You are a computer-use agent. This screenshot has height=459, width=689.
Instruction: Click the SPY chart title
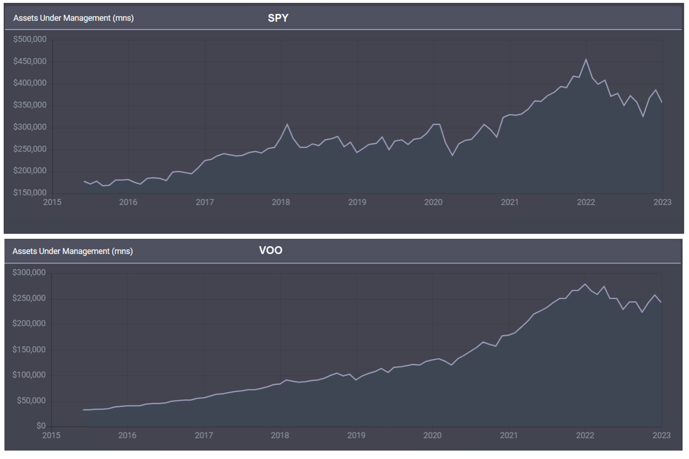pyautogui.click(x=278, y=18)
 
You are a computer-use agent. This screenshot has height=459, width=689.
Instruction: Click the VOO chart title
pyautogui.click(x=270, y=251)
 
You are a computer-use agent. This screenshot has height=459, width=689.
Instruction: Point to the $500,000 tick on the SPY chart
pyautogui.click(x=30, y=39)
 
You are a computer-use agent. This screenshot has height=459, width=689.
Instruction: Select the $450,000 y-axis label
pyautogui.click(x=30, y=61)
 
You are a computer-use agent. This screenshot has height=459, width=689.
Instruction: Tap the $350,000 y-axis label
pyautogui.click(x=30, y=105)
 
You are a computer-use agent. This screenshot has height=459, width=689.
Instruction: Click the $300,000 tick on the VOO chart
pyautogui.click(x=29, y=273)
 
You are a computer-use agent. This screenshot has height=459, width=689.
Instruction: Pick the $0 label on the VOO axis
pyautogui.click(x=41, y=426)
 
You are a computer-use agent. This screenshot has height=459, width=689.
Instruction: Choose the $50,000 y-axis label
pyautogui.click(x=31, y=400)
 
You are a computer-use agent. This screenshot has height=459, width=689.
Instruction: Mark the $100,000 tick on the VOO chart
pyautogui.click(x=29, y=375)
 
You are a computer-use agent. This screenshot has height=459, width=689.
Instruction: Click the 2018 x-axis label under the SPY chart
pyautogui.click(x=281, y=202)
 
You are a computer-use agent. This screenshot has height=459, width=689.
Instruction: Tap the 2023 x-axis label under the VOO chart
pyautogui.click(x=662, y=436)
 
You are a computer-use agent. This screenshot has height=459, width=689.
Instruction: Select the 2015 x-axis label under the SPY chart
pyautogui.click(x=52, y=202)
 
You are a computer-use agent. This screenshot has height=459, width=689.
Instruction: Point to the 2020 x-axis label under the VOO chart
pyautogui.click(x=432, y=436)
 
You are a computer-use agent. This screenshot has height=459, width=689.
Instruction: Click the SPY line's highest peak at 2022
pyautogui.click(x=586, y=59)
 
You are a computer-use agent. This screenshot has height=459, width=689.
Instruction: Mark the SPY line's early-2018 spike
pyautogui.click(x=287, y=124)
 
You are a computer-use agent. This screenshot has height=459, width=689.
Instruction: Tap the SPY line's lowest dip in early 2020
pyautogui.click(x=452, y=155)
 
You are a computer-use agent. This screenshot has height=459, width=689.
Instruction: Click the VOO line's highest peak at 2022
pyautogui.click(x=585, y=284)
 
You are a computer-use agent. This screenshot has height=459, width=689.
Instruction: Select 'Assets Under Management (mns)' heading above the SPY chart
pyautogui.click(x=73, y=18)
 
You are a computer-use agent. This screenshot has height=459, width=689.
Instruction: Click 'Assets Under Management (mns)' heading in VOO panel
pyautogui.click(x=72, y=251)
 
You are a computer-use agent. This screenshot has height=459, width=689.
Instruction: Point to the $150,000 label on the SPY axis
pyautogui.click(x=30, y=193)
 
